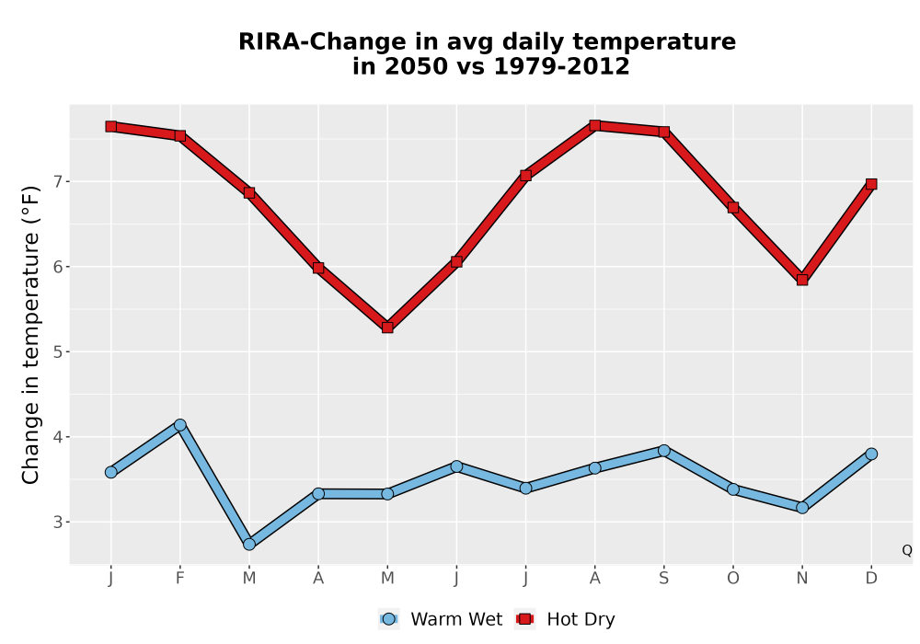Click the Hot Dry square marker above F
(180, 135)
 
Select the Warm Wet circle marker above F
(180, 425)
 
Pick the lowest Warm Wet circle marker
(249, 545)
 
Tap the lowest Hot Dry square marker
(387, 328)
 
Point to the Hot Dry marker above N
(802, 280)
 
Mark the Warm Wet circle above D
(871, 454)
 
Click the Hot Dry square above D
(871, 184)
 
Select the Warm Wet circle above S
(663, 451)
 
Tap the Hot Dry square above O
(733, 207)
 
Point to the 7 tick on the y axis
(57, 182)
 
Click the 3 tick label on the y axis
(57, 522)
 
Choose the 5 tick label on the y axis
(57, 352)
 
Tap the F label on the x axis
(180, 579)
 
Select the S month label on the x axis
(663, 579)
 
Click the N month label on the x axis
(802, 579)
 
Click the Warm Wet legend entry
(441, 619)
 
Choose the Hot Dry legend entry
(565, 619)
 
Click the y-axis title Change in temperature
(30, 335)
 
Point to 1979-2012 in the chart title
(561, 66)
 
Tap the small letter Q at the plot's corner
(907, 550)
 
